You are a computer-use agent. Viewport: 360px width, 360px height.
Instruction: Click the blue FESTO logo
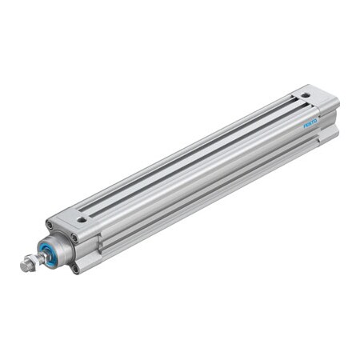point(310,121)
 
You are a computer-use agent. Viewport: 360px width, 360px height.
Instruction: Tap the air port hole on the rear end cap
point(304,94)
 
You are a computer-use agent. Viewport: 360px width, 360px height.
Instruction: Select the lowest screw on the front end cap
point(74,268)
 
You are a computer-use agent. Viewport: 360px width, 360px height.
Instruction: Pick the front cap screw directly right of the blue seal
point(74,238)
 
